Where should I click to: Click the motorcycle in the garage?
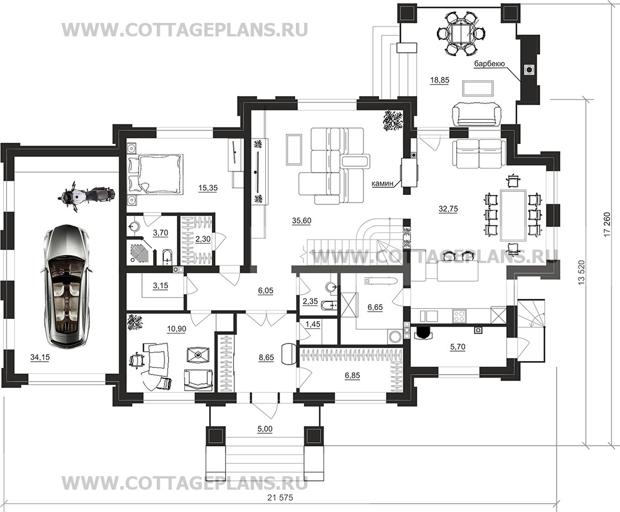click(x=86, y=196)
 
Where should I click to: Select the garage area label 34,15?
click(x=39, y=358)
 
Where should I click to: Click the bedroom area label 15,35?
click(x=208, y=188)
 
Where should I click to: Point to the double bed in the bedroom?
click(x=156, y=174)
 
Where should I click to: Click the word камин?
click(x=382, y=183)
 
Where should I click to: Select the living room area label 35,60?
click(x=301, y=221)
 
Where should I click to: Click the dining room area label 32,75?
click(x=449, y=209)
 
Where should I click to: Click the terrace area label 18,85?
click(x=440, y=80)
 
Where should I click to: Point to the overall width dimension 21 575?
click(x=280, y=498)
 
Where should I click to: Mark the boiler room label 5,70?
click(x=457, y=347)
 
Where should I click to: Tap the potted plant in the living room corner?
click(x=393, y=120)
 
